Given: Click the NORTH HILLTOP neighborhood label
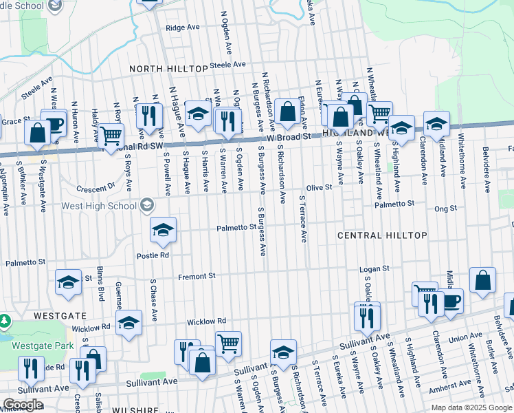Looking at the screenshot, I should [x=168, y=69].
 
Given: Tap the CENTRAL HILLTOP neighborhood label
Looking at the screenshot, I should [x=383, y=235].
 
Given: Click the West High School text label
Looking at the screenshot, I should [x=101, y=205].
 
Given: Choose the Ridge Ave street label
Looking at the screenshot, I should [x=183, y=28].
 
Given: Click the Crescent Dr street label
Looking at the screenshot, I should [x=96, y=187].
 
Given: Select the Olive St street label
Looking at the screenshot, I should [x=319, y=187].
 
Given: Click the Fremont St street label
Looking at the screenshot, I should [x=197, y=276].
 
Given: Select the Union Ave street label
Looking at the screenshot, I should [x=465, y=338].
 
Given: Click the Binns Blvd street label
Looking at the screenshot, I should [x=100, y=284].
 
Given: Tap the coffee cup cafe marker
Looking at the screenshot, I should [x=451, y=300].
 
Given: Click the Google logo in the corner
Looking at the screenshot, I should [x=23, y=405].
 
